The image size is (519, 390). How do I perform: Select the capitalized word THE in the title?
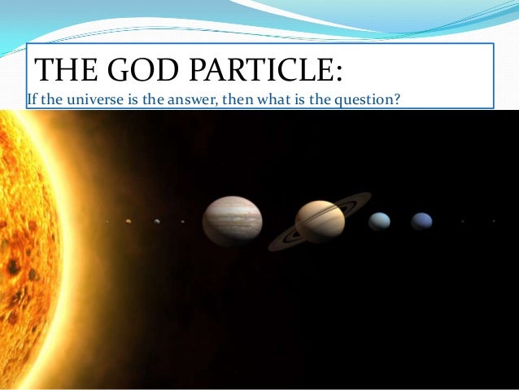[x=64, y=71]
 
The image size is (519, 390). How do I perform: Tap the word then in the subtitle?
[x=252, y=100]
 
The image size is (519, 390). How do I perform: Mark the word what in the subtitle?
[x=290, y=100]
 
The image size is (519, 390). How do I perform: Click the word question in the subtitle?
[x=367, y=100]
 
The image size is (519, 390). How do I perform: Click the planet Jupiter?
[x=232, y=221]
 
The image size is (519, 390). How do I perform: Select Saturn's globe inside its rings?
[x=320, y=221]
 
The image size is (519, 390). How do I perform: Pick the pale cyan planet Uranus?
[x=379, y=221]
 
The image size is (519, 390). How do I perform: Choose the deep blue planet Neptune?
[x=421, y=221]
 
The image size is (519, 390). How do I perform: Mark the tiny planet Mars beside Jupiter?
[x=182, y=221]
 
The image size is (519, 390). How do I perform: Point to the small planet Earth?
[x=157, y=221]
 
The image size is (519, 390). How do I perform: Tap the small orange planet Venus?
[x=129, y=220]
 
